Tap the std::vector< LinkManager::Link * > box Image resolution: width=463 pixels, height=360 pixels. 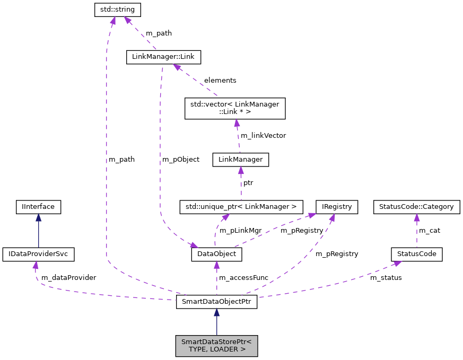[234, 108]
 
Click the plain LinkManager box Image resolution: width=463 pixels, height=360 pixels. [240, 160]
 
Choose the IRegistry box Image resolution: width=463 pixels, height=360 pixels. [337, 206]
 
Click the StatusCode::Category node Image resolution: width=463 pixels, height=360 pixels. [416, 206]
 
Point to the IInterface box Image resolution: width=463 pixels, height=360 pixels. [38, 206]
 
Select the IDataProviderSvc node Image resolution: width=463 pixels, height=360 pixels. [38, 254]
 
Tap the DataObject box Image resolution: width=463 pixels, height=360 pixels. [216, 254]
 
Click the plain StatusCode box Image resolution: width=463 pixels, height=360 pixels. [416, 254]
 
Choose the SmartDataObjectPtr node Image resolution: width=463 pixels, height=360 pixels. [216, 302]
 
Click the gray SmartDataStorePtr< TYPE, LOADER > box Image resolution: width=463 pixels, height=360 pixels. [216, 346]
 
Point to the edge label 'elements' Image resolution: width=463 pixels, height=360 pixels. [220, 80]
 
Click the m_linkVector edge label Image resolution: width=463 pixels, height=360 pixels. [263, 135]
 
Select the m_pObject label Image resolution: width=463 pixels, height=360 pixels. [181, 159]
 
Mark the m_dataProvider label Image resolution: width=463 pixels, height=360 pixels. [68, 277]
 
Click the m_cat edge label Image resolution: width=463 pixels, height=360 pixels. [430, 230]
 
